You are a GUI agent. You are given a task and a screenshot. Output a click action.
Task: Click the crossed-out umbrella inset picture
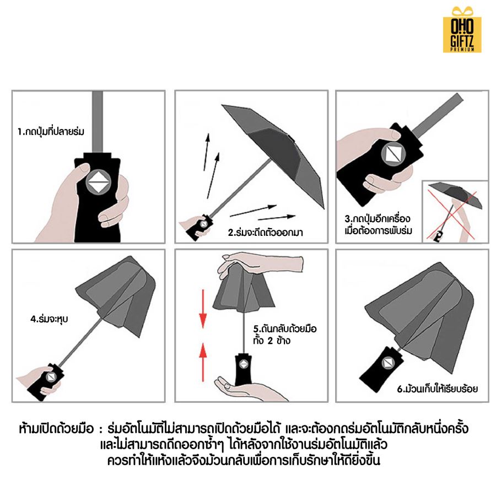point(455,211)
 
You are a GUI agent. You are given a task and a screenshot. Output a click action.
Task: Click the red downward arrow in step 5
point(203,312)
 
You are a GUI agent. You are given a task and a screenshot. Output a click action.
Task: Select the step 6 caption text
point(438,389)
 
